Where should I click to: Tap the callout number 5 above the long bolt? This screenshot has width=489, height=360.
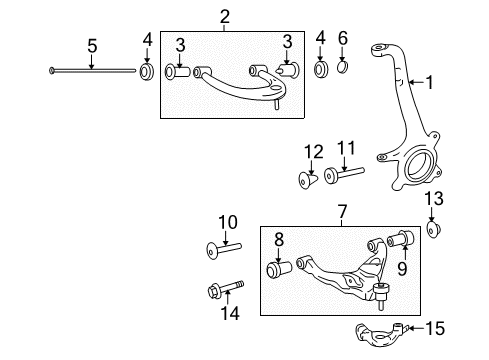tap(91, 45)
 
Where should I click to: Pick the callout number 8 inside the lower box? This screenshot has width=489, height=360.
tap(280, 239)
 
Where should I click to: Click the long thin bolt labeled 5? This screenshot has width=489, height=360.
tap(92, 70)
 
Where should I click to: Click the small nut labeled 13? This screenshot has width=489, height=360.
tap(433, 232)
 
